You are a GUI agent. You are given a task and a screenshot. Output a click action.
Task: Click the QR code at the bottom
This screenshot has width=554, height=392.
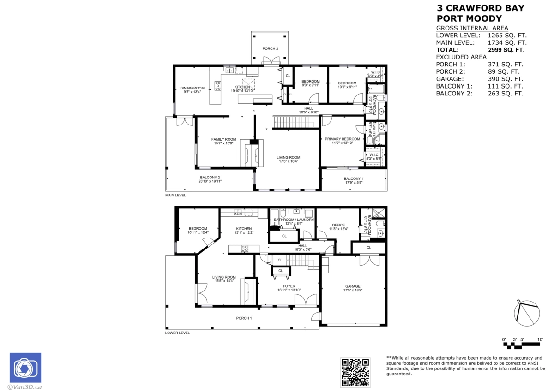355,372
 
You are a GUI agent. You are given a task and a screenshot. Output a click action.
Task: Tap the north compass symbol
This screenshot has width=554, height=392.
526,313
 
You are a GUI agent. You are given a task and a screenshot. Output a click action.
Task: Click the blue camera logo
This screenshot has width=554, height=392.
25,368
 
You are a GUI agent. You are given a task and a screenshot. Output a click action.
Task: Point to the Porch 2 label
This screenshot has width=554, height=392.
270,48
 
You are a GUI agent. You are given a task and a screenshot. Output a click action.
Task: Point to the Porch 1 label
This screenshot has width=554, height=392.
244,318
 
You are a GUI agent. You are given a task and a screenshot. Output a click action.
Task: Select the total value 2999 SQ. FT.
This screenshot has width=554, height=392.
506,50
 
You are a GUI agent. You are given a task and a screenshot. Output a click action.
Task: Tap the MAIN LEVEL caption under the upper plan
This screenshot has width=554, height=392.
175,196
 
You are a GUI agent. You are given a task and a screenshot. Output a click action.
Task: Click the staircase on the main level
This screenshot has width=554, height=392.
295,122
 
